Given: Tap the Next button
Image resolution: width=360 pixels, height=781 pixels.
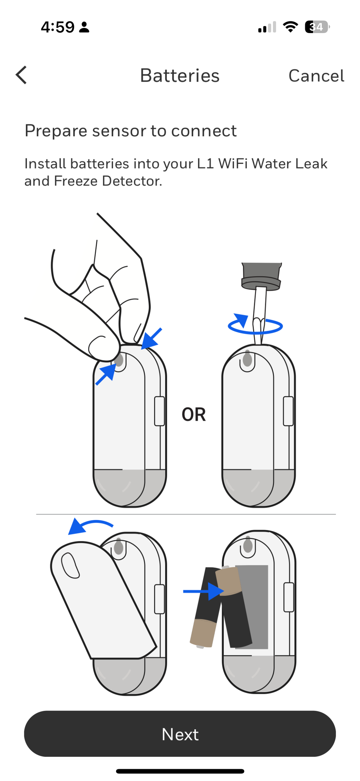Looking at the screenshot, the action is [x=180, y=734].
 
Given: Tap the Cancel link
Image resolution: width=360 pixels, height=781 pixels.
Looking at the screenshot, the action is [x=316, y=76].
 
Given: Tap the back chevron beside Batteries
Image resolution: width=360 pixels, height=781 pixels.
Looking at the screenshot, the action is [x=21, y=75].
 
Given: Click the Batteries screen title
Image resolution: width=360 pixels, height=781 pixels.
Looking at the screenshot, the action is [x=180, y=76].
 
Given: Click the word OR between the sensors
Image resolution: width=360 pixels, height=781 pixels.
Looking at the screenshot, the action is [x=194, y=415].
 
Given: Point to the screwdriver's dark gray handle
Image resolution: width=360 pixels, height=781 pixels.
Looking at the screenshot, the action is [x=262, y=276].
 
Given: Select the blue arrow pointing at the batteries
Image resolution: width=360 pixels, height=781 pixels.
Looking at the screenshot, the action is [x=204, y=591].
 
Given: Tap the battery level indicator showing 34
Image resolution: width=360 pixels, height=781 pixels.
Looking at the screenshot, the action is [x=317, y=27].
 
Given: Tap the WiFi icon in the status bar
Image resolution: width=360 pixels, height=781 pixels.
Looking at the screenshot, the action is [x=290, y=27].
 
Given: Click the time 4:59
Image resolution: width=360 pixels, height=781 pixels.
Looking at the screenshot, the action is [x=58, y=27].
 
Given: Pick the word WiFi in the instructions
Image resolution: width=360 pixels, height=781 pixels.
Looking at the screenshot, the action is [x=233, y=164].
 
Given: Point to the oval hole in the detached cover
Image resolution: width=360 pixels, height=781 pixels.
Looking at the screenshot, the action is [x=70, y=565].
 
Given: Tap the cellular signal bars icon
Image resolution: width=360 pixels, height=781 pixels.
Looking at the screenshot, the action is [x=267, y=27].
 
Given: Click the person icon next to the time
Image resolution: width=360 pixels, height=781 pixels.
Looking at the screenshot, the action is [x=84, y=27].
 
